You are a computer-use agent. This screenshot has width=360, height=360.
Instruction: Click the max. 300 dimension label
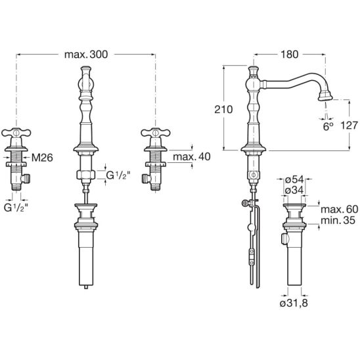[x=86, y=55]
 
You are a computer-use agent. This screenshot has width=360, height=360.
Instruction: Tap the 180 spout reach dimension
[x=290, y=55]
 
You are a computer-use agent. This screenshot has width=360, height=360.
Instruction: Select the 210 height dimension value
[x=223, y=110]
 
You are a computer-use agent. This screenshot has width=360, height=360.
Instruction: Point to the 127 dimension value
[x=349, y=125]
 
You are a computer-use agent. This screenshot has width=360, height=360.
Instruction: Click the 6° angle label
[x=328, y=127]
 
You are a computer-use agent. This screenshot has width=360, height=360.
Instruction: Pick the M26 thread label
[x=42, y=158]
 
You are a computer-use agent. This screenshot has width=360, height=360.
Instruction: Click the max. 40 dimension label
[x=192, y=157]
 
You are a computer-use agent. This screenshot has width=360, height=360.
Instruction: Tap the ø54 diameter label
[x=294, y=179]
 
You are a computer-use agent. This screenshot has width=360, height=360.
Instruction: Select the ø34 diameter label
[x=294, y=190]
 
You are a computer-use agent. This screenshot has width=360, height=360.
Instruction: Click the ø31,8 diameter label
[x=294, y=304]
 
